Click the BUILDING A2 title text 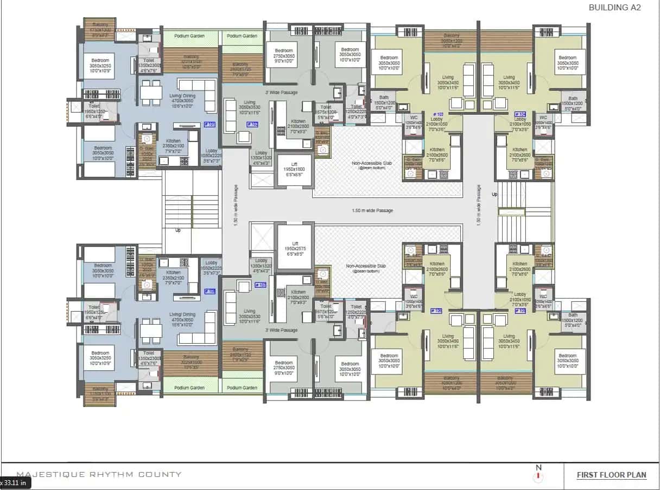point(615,8)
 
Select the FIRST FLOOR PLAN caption point(611,475)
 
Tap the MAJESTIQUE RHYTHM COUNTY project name point(99,474)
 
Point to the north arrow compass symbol point(538,474)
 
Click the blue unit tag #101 point(210,124)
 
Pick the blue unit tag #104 point(519,114)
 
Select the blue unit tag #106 point(436,311)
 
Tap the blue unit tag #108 point(210,291)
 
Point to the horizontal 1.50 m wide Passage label point(372,210)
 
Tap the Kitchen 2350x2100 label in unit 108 point(173,275)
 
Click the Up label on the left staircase point(178,230)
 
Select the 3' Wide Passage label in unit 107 point(281,330)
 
